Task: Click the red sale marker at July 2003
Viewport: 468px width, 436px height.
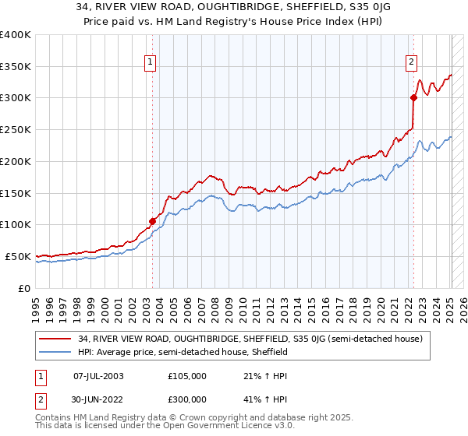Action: click(152, 221)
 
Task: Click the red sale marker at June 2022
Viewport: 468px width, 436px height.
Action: click(413, 97)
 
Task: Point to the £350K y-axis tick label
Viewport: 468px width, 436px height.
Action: click(15, 67)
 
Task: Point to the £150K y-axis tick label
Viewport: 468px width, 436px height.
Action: click(15, 193)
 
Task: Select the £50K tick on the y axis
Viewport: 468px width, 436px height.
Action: click(18, 256)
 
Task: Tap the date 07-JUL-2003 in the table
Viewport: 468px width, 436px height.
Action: click(98, 376)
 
